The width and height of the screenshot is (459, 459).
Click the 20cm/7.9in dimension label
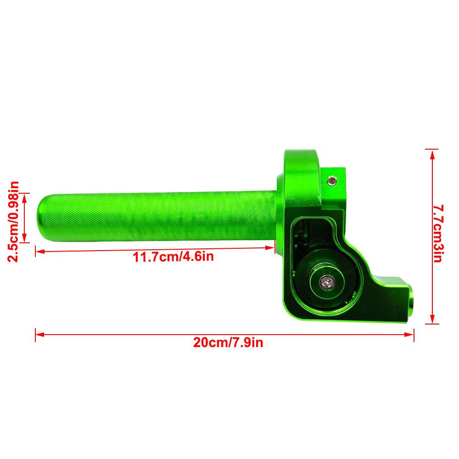click(x=228, y=342)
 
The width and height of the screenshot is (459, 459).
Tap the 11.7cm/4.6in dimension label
click(x=174, y=257)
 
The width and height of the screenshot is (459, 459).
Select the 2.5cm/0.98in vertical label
click(x=13, y=221)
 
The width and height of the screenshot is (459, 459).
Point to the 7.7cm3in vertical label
click(x=438, y=233)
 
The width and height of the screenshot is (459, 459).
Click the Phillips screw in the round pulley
click(x=327, y=283)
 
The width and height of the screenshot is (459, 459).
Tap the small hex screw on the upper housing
click(x=332, y=181)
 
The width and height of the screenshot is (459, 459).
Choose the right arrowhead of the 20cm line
click(x=409, y=334)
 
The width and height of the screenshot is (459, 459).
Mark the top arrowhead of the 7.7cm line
click(x=432, y=154)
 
